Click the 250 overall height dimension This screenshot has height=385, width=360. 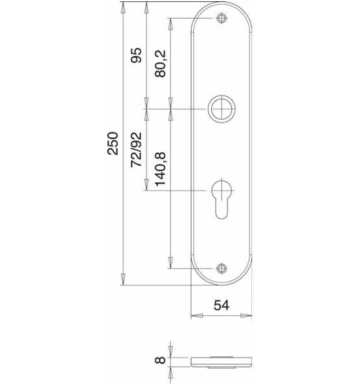tap(112, 143)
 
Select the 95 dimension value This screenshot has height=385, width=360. tap(136, 55)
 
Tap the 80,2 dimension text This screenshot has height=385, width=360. tap(161, 64)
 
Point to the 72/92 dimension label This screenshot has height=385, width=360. tap(136, 150)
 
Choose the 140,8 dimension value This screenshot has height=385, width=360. tap(161, 169)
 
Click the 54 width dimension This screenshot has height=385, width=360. tap(222, 305)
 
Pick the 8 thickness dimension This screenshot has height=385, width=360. tap(161, 360)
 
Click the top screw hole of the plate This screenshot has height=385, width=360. tap(222, 18)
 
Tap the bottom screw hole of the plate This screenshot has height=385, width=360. tap(222, 269)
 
